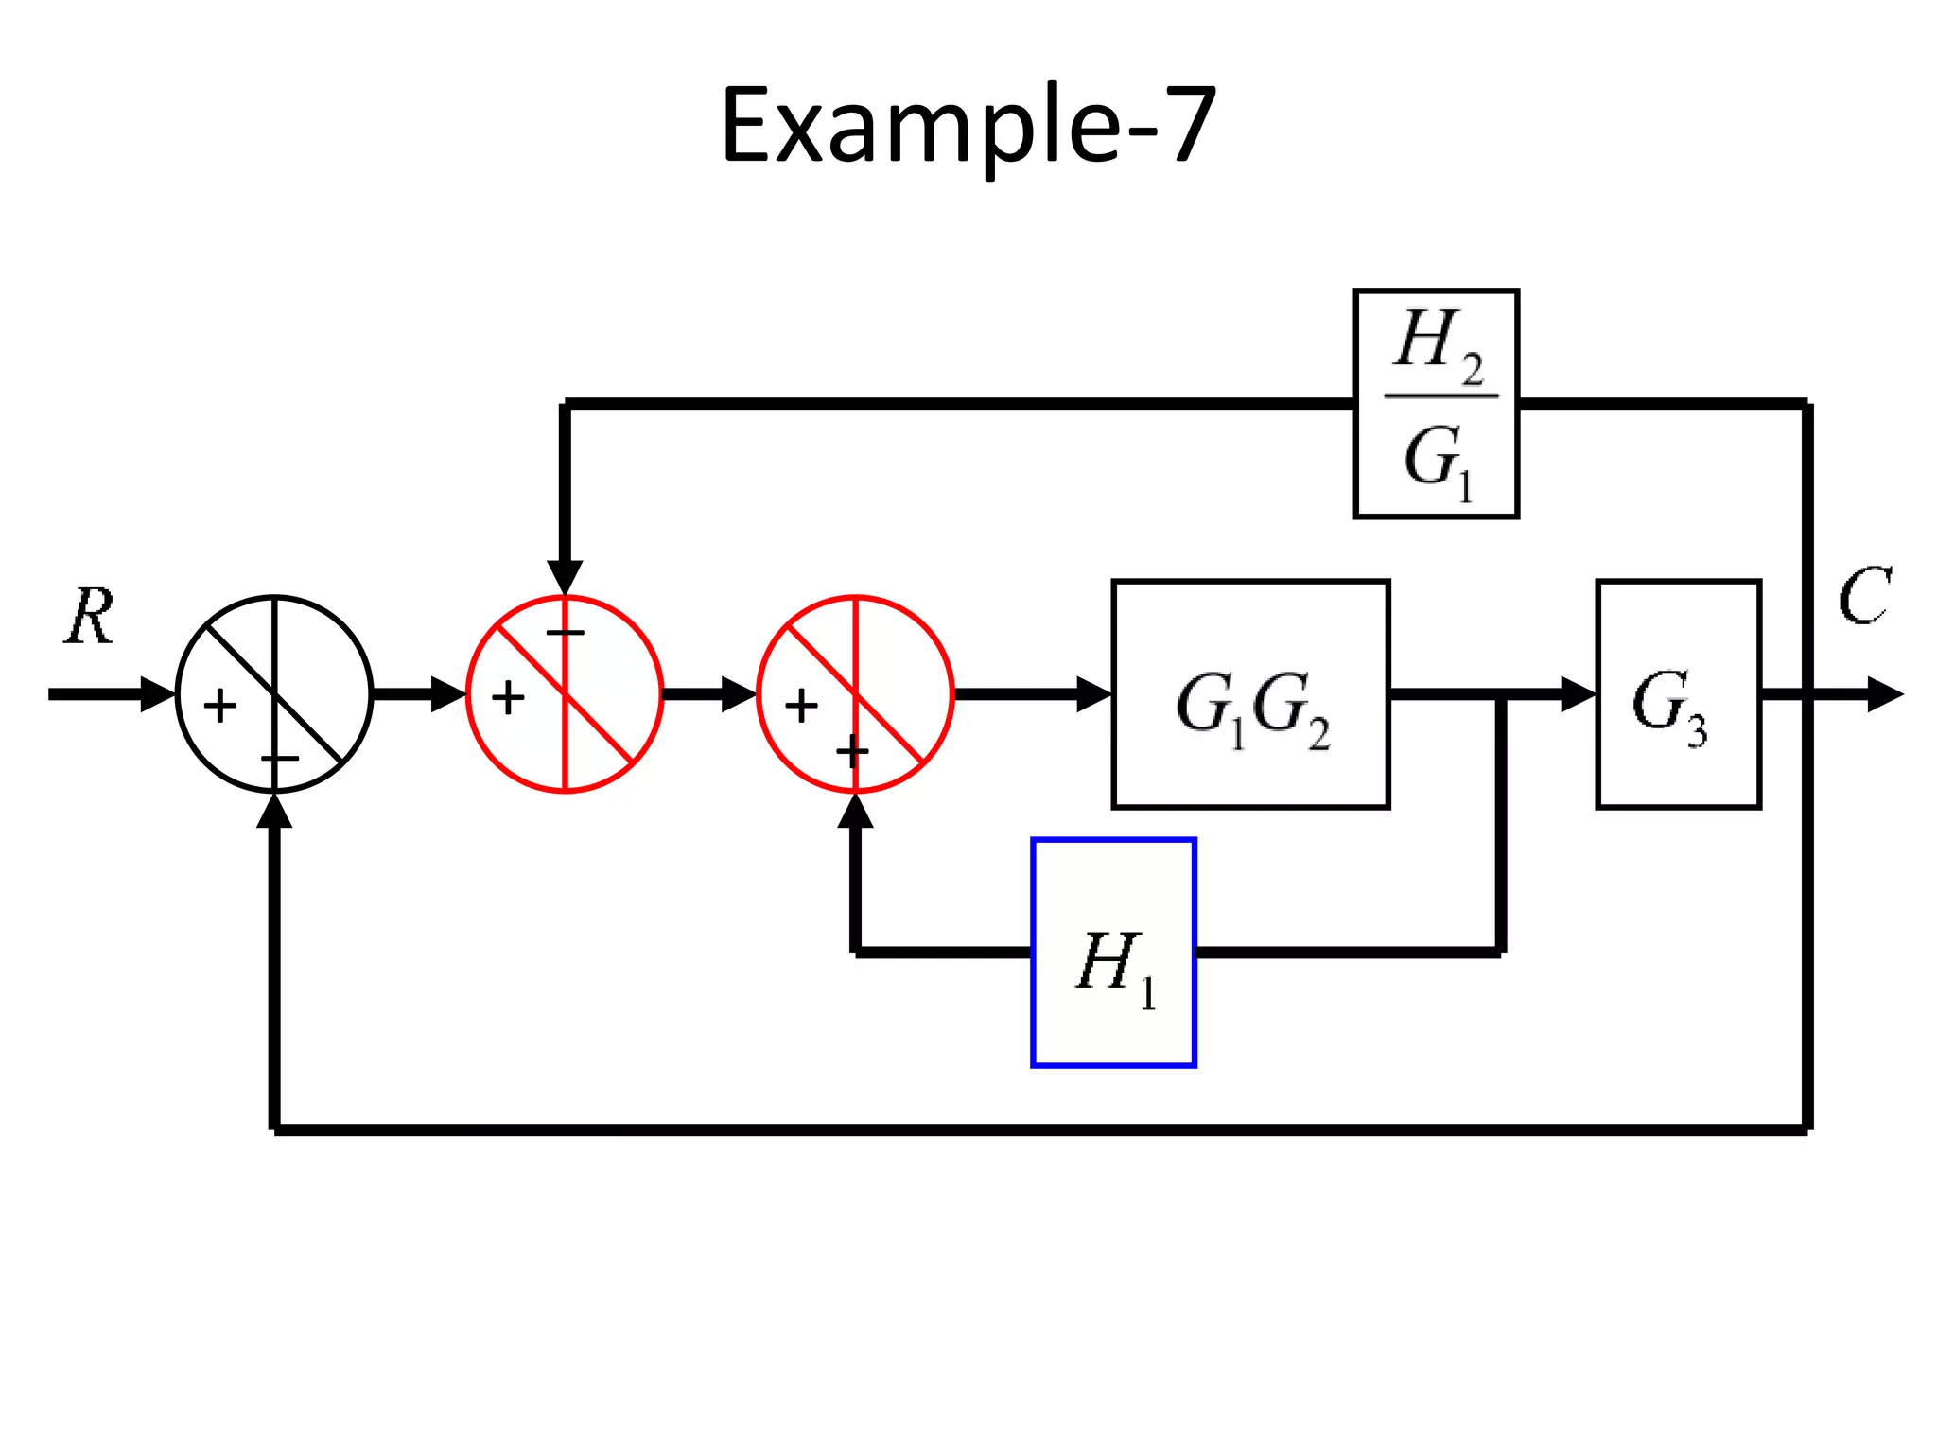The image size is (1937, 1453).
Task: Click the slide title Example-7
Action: [x=968, y=126]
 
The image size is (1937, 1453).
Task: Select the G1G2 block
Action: [x=1250, y=694]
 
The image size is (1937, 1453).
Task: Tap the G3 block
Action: [x=1678, y=694]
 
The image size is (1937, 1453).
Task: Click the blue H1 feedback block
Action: [x=1113, y=953]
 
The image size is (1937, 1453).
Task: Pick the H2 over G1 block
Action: [x=1436, y=404]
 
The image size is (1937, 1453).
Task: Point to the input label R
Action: [x=90, y=618]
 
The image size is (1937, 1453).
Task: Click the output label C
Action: [x=1863, y=597]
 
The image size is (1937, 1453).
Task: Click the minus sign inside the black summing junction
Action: [x=280, y=759]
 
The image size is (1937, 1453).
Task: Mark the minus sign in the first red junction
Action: [x=566, y=632]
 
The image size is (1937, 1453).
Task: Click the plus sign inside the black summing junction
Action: [x=220, y=706]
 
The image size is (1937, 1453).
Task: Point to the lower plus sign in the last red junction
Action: [x=852, y=753]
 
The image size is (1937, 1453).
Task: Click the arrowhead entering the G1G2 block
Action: [x=1095, y=694]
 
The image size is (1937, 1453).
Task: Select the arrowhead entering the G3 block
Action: [x=1578, y=694]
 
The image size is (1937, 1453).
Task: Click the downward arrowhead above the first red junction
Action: [x=565, y=577]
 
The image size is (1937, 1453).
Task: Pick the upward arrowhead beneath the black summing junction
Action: [x=274, y=811]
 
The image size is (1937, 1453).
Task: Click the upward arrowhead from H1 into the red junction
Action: [x=855, y=811]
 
